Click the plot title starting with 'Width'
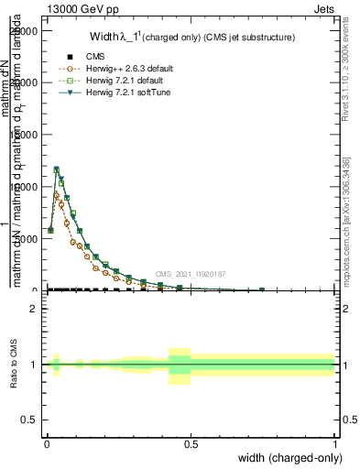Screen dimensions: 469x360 [192, 38]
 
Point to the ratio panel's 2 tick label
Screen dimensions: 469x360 [32, 309]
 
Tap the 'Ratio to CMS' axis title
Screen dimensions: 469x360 [14, 365]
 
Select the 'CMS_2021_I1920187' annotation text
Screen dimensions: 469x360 [190, 274]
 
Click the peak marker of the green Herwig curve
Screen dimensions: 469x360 [56, 169]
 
